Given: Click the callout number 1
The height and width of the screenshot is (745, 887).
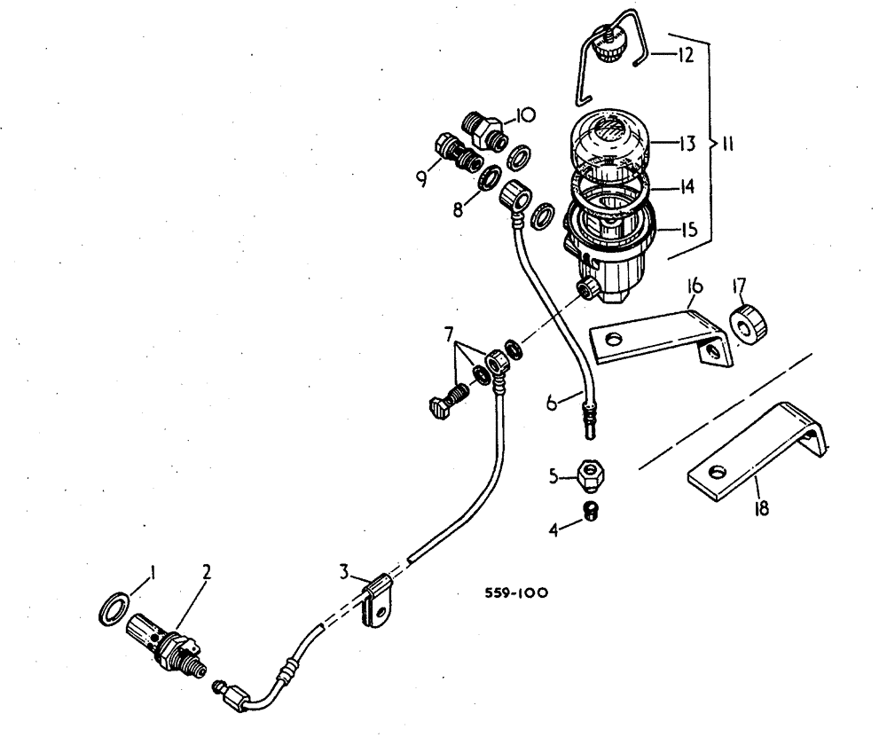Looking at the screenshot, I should point(152,574).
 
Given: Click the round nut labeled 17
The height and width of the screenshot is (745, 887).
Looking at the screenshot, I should point(747,321).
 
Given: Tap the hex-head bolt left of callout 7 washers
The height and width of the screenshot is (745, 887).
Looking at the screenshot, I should point(445,403).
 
